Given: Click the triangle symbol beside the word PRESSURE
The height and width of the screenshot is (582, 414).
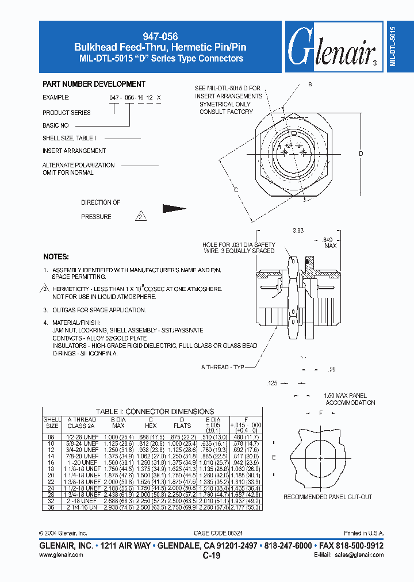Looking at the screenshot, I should [141, 217].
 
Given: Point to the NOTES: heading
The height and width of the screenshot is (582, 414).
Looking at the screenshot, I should [56, 256].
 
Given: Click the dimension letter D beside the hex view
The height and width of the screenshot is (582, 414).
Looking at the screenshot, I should [361, 154].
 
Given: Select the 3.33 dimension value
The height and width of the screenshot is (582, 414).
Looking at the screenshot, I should [298, 231].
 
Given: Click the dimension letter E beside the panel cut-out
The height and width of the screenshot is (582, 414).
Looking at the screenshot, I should [274, 458].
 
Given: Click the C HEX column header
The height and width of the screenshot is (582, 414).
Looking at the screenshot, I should [150, 423].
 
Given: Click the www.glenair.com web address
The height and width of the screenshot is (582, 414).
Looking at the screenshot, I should [62, 554].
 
